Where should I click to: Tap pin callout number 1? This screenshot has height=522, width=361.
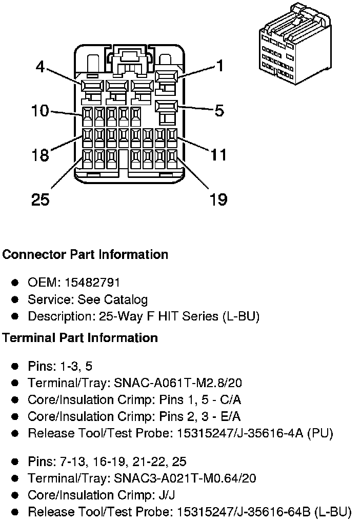[220, 66]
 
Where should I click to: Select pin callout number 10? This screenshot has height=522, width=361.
[40, 110]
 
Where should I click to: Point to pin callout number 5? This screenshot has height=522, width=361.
[219, 110]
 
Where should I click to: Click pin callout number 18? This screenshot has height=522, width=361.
[40, 155]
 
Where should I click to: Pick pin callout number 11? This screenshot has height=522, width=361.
[218, 154]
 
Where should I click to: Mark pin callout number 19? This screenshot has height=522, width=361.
[218, 199]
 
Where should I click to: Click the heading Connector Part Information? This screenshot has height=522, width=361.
[85, 254]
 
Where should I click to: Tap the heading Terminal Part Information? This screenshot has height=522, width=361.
[80, 338]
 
